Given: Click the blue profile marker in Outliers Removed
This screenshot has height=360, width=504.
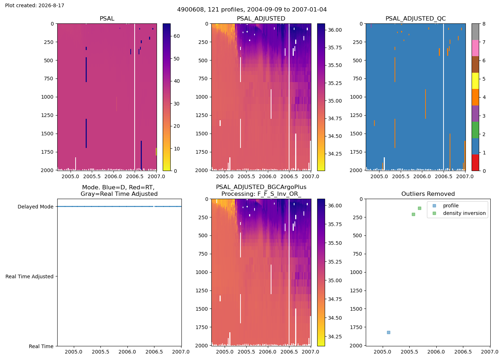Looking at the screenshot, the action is (x=388, y=333).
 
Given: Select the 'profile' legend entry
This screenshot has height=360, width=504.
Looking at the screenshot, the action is (x=451, y=206).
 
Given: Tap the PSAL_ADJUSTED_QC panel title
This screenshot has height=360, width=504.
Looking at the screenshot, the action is (x=415, y=18).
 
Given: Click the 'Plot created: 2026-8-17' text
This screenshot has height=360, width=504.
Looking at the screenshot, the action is (x=35, y=5).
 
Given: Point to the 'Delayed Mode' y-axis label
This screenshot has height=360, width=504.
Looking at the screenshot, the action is (x=36, y=207).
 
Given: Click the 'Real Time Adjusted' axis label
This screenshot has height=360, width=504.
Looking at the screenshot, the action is (x=30, y=276).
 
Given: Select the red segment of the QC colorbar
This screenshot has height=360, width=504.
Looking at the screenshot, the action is (x=476, y=163).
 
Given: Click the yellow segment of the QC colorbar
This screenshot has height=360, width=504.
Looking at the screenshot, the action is (x=476, y=81).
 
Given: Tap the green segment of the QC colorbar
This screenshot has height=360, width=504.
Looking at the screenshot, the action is (x=476, y=130).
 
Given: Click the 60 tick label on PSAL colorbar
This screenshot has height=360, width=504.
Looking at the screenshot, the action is (x=177, y=36).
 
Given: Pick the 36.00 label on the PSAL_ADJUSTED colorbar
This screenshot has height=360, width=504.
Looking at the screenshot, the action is (x=335, y=30).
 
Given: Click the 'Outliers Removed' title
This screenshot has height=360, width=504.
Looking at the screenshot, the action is (x=428, y=194).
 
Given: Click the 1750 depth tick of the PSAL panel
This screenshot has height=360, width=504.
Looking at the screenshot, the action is (x=47, y=152).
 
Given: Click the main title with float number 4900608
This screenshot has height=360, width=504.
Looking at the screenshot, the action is (x=252, y=10).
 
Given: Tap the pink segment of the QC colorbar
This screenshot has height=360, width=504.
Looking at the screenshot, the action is (x=476, y=48).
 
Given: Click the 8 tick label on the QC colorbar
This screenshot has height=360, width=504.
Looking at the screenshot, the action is (x=484, y=24).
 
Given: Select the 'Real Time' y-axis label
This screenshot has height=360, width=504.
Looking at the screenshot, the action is (x=41, y=346).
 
